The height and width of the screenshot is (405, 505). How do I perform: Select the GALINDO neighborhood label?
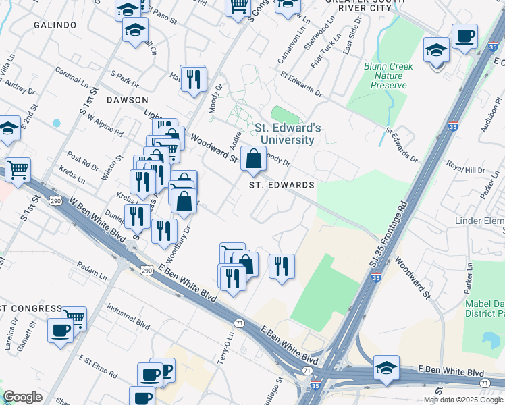55,25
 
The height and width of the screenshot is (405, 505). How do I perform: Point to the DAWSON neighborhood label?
127,99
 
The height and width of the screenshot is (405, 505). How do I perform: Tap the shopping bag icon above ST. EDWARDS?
253,160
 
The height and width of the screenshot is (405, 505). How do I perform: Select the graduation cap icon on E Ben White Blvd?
387,367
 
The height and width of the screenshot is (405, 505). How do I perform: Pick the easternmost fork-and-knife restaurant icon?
282,265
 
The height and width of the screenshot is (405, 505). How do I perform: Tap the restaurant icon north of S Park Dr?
194,79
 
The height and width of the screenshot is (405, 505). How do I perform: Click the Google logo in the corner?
22,397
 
